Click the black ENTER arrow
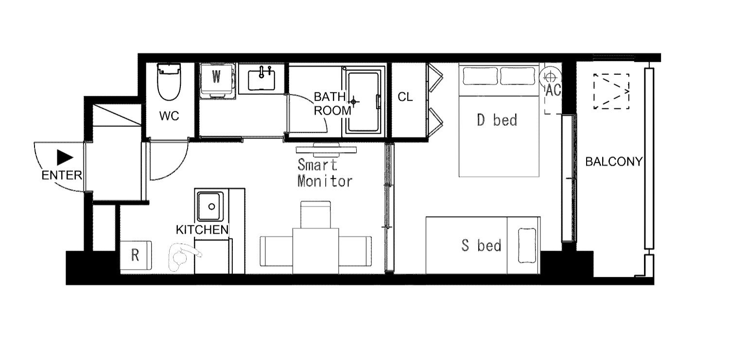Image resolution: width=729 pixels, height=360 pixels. pos(65,157)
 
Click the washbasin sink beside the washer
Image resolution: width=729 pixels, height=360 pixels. pos(261,79)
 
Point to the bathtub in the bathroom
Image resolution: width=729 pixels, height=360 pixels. pos(364,102)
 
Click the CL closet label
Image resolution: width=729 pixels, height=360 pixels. pos(405,97)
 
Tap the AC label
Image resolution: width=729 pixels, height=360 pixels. pos(553,90)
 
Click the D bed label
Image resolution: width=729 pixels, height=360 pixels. pos(497,120)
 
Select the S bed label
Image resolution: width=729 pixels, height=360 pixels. pos(481,245)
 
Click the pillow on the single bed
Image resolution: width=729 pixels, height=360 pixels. pos(527,245)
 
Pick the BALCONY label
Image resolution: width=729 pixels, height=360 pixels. pos(614,162)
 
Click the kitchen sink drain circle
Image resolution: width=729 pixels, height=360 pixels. pos(211,206)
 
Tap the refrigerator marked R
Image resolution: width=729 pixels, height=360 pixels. pos(136,255)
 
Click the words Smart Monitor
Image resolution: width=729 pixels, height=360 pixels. pos(325,173)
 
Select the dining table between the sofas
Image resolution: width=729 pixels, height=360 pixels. pos(316,251)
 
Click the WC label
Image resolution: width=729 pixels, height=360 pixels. pos(169,116)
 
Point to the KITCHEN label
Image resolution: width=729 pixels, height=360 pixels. pos(202,230)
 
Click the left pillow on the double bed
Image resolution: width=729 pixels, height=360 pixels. pos(480,76)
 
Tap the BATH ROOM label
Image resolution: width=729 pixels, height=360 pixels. pos(331,104)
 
